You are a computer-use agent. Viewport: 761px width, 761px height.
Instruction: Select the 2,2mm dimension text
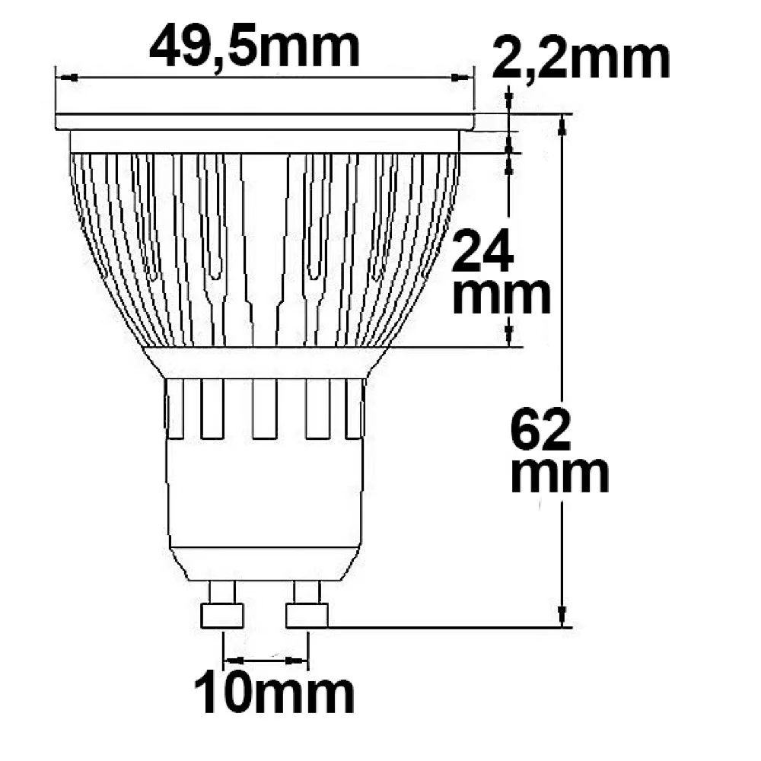581,59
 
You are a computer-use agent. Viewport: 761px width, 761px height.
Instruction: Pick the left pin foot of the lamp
221,615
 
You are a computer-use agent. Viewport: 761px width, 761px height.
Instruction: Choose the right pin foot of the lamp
307,615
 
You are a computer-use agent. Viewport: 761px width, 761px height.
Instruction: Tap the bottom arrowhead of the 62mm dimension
562,616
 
